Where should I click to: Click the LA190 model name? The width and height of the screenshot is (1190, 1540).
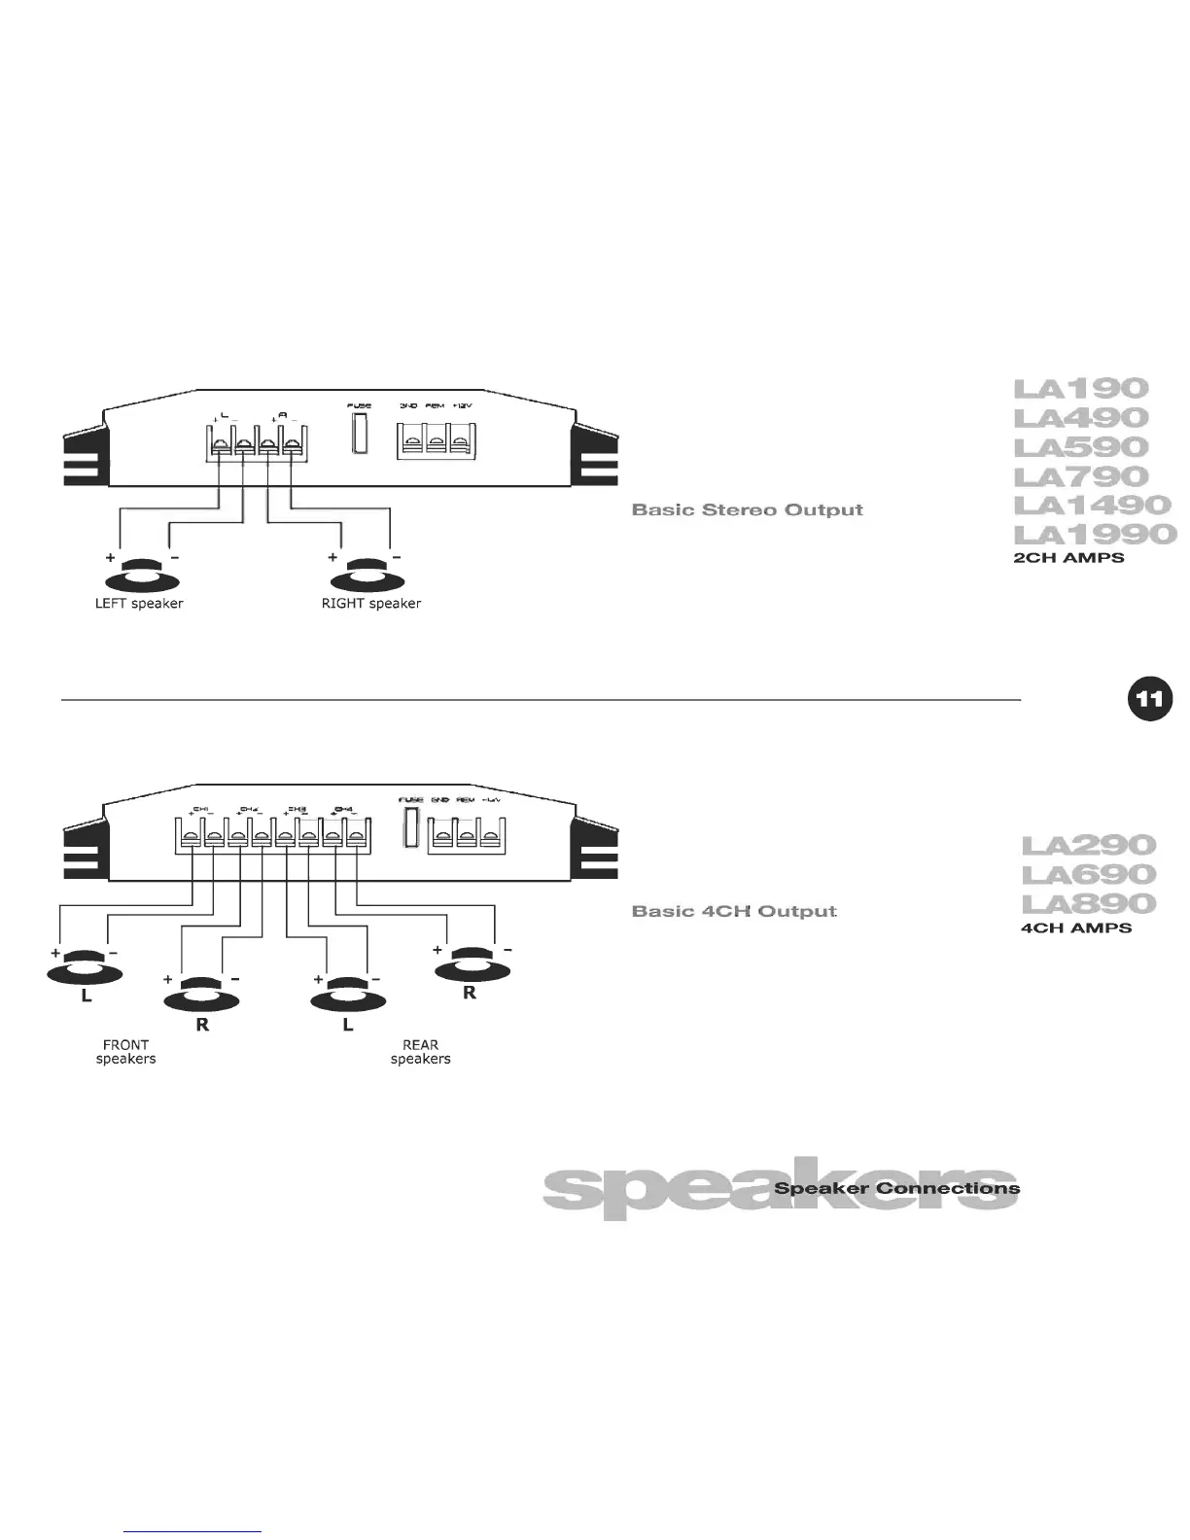(x=1080, y=389)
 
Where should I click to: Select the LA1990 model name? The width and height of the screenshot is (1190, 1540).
(x=1094, y=534)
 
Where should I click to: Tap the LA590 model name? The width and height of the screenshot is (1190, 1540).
(x=1080, y=447)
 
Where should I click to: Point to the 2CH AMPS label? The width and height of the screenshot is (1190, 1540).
(x=1068, y=559)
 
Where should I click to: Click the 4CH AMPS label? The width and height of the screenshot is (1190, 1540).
(x=1076, y=928)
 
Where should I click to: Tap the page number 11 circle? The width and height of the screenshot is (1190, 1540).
(x=1150, y=699)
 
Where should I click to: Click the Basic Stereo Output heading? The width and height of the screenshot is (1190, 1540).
(x=747, y=510)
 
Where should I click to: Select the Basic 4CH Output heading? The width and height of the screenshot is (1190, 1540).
(x=734, y=912)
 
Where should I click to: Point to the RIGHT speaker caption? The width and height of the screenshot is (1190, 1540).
(x=371, y=604)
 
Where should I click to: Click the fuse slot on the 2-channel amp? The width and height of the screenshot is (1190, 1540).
(x=360, y=434)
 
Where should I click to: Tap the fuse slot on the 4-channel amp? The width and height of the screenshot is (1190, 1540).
(x=411, y=827)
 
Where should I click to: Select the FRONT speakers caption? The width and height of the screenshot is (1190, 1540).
(x=125, y=1052)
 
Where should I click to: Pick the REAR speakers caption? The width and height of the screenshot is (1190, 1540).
(x=420, y=1052)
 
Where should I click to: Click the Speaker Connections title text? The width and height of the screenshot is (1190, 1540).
(x=896, y=1189)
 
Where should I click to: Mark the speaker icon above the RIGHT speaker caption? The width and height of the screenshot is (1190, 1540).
(x=367, y=575)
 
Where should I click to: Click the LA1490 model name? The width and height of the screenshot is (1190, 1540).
(x=1092, y=506)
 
